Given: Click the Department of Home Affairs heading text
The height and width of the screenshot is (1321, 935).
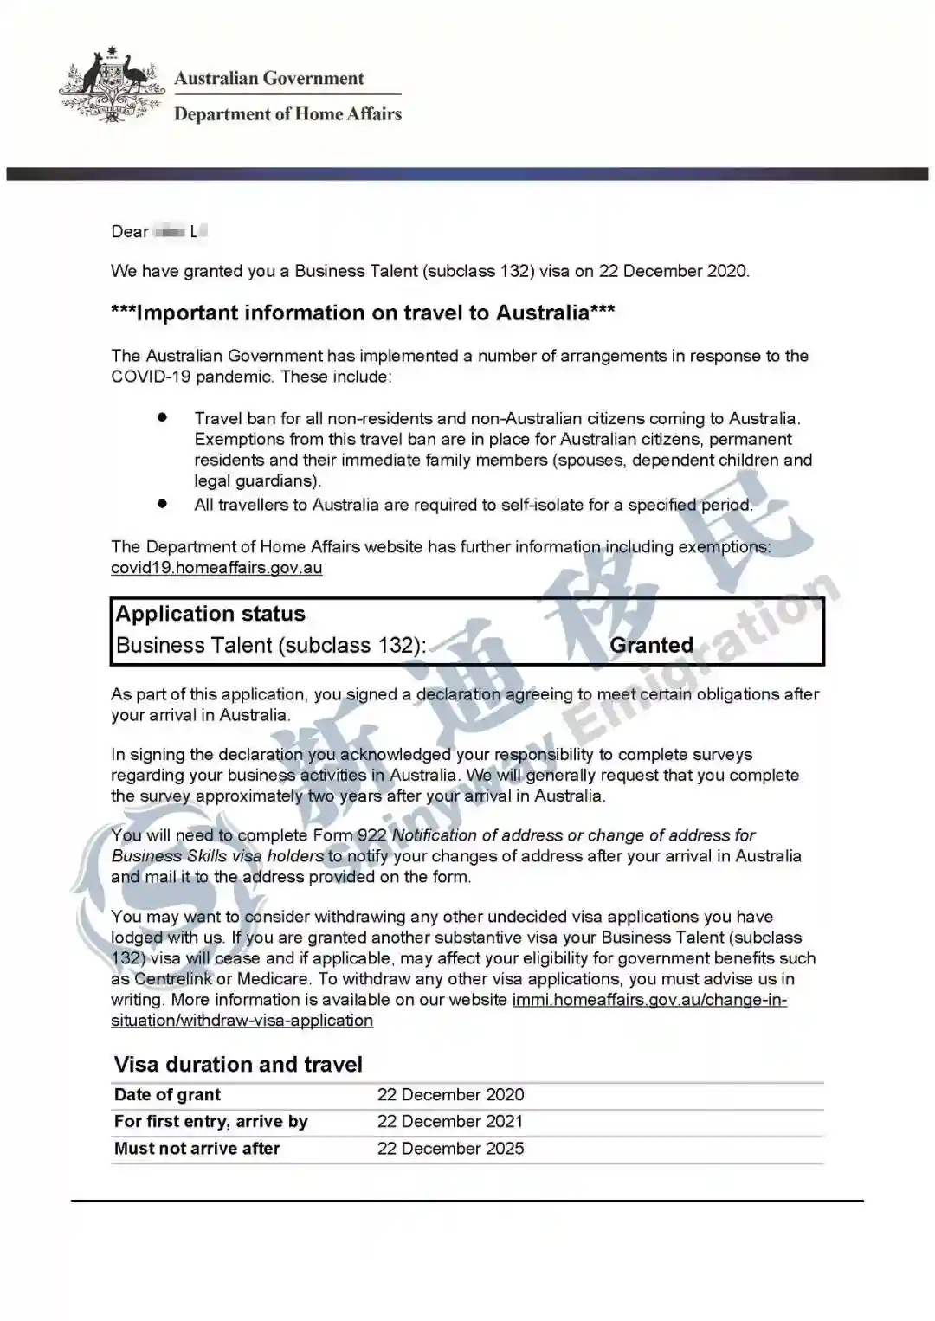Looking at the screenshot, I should point(287,114).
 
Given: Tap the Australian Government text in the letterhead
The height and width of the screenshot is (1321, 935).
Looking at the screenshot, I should point(268,78).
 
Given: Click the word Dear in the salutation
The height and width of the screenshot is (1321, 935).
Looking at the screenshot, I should point(130,231).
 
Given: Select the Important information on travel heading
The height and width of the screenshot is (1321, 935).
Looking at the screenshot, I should point(363,313).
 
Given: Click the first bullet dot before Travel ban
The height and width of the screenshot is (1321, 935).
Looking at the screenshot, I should point(162,417).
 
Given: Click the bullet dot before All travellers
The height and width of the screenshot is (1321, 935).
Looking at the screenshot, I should point(162,503).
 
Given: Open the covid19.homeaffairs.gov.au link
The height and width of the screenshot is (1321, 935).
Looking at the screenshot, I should point(216,568).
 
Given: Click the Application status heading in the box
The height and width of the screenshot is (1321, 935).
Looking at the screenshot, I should point(210,614).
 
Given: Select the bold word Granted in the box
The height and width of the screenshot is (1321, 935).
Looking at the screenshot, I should point(651,645).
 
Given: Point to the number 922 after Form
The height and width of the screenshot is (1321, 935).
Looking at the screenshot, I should point(372,835).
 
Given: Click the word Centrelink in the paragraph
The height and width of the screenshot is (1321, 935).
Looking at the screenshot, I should point(173,979).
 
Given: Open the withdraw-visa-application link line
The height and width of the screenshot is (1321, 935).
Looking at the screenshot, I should point(242,1021).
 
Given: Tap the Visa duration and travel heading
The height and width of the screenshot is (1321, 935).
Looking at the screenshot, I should point(238,1065).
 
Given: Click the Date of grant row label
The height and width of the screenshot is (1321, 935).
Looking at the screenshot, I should point(167,1095).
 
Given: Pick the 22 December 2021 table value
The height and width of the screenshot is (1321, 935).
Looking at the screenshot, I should point(450,1122).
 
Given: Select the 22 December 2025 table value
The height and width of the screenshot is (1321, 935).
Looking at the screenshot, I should point(450,1149).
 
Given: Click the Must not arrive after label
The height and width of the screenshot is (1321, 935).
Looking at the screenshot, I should point(197,1149).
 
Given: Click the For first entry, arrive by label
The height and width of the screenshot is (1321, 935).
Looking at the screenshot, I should point(210,1122).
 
